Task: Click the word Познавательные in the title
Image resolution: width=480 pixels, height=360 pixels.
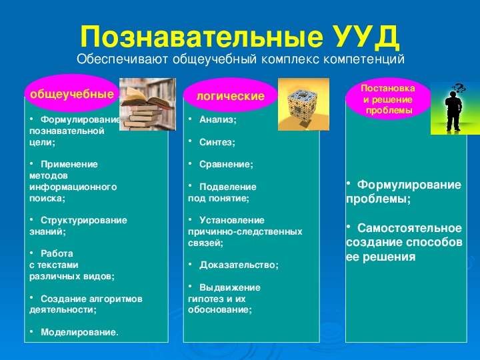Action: click(201, 37)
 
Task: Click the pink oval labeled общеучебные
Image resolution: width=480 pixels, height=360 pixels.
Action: click(72, 93)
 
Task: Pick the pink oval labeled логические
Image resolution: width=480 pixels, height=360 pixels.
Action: click(230, 95)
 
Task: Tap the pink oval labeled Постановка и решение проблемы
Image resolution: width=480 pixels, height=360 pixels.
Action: click(388, 99)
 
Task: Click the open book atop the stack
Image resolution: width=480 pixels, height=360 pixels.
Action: click(146, 97)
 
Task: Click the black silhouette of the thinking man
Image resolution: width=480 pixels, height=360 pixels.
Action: click(453, 111)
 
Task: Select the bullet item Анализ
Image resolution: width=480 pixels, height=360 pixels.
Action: click(217, 120)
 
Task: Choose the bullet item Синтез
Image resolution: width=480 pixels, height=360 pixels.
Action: click(217, 143)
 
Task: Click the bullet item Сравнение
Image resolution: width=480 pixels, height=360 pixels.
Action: click(226, 165)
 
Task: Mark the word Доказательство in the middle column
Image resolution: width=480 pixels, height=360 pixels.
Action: click(239, 265)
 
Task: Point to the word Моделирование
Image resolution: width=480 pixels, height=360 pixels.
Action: click(79, 332)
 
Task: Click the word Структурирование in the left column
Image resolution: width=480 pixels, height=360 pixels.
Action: click(84, 221)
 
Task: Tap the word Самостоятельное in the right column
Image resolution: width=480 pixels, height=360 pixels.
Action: click(409, 229)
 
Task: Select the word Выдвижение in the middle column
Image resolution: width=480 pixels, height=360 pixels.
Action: click(230, 287)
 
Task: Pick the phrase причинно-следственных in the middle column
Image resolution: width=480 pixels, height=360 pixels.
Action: click(245, 232)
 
